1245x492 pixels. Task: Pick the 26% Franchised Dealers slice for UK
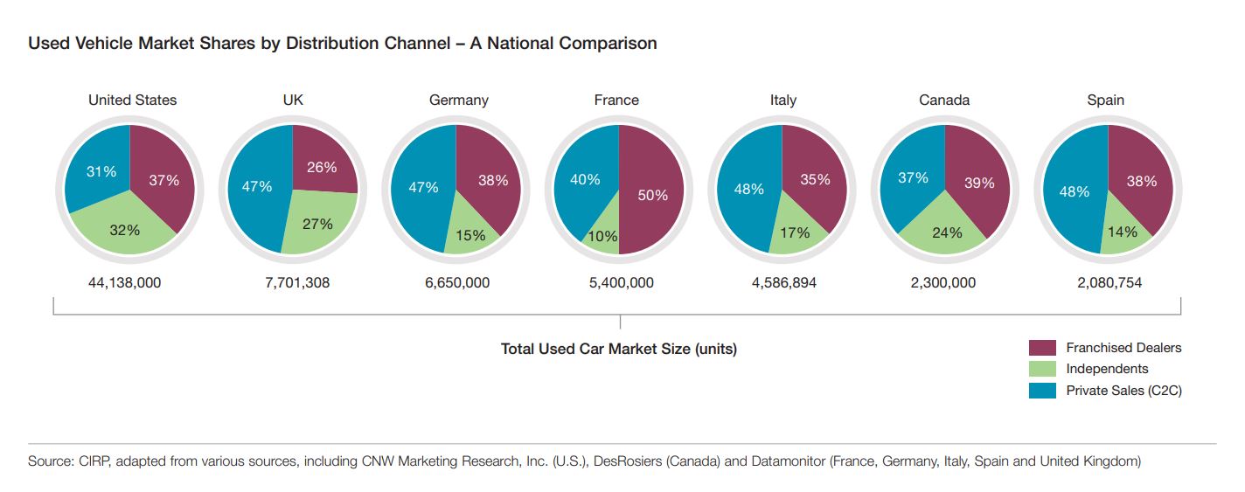[x=322, y=166]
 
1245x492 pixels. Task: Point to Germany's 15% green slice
[x=471, y=234]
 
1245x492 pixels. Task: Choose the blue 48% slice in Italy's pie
[x=749, y=189]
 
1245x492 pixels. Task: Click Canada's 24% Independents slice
[x=947, y=232]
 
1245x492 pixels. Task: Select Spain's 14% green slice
[x=1122, y=232]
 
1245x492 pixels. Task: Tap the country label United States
[x=132, y=100]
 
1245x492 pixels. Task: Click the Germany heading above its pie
[x=458, y=100]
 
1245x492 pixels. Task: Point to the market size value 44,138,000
[x=125, y=282]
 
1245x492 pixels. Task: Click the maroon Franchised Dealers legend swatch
[x=1042, y=348]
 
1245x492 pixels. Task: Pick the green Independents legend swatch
[x=1042, y=369]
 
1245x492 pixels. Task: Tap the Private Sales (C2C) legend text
[x=1123, y=391]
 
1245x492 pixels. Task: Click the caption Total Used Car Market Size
[x=618, y=349]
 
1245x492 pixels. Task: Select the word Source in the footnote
[x=49, y=461]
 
